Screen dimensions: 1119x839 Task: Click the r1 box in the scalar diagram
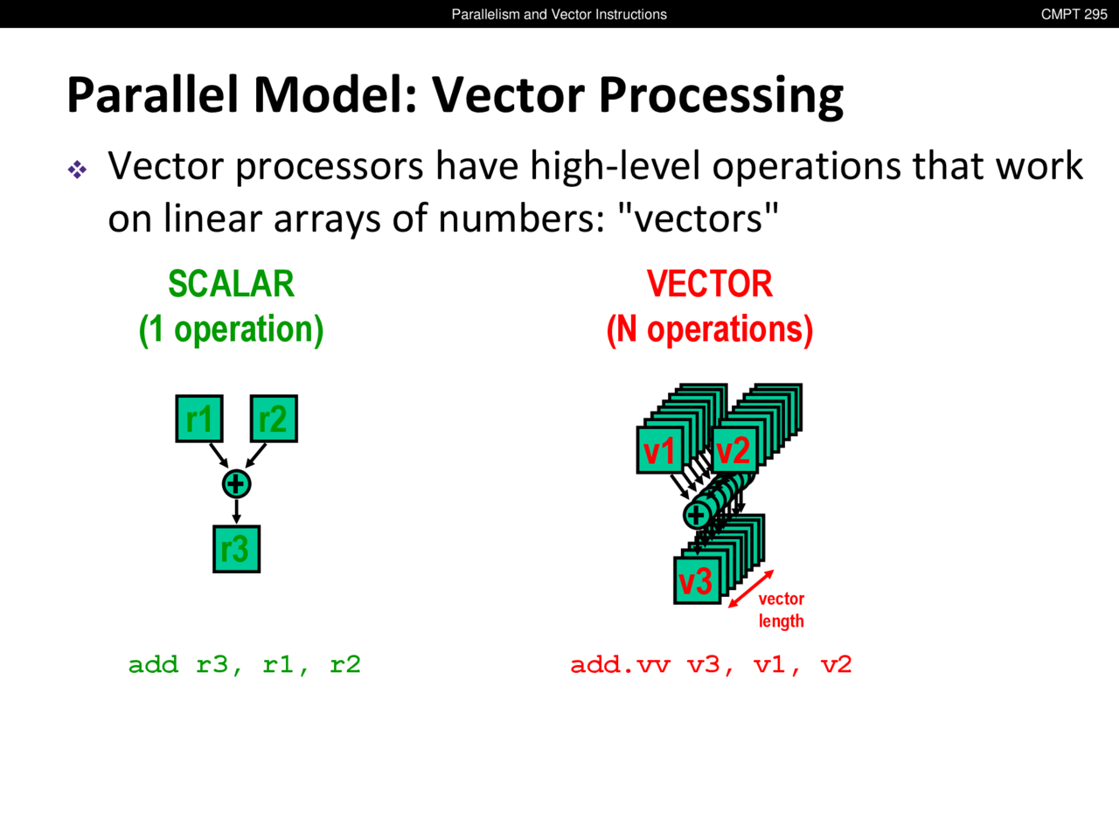(199, 419)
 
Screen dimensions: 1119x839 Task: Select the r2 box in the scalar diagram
(274, 419)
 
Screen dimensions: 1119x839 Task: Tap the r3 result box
(237, 549)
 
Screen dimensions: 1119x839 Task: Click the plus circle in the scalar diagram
(237, 484)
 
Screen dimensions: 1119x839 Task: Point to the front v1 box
(660, 450)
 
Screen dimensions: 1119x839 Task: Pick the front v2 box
(734, 450)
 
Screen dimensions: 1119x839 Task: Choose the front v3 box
(698, 580)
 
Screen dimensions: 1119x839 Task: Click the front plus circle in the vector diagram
(697, 516)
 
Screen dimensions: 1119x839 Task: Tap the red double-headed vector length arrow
(751, 589)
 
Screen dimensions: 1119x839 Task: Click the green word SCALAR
(232, 284)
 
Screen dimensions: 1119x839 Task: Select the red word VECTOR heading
(710, 284)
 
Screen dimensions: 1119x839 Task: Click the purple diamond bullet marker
(77, 170)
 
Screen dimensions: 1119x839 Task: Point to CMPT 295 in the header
(1074, 14)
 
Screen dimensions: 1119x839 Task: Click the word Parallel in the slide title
(152, 94)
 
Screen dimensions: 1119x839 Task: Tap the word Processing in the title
(721, 97)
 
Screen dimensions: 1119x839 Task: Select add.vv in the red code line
(620, 665)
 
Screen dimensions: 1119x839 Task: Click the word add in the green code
(154, 665)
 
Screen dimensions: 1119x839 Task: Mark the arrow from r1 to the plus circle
(219, 455)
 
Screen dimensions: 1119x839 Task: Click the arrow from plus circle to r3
(237, 511)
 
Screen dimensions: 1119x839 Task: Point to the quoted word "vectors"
(701, 218)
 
